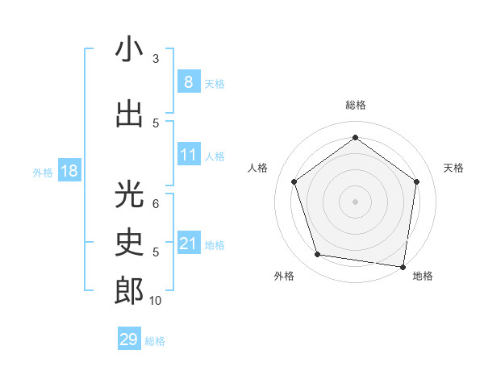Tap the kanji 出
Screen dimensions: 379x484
coord(129,114)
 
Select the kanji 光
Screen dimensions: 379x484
coord(129,196)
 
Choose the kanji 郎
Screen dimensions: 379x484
coord(129,290)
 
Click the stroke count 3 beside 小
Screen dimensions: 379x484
coord(156,58)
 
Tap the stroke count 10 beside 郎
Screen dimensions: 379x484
coord(156,301)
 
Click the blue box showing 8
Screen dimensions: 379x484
coord(188,81)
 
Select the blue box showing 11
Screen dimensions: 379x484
coord(188,155)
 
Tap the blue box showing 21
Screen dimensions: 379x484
coord(188,244)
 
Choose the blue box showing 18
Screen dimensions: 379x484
coord(69,171)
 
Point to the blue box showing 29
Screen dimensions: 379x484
coord(128,339)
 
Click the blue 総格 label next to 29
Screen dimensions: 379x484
coord(156,341)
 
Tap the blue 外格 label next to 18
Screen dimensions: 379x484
coord(42,173)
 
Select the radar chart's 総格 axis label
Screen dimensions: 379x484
coord(355,105)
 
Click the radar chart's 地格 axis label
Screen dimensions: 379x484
coord(423,277)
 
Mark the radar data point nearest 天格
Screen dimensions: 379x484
coord(416,181)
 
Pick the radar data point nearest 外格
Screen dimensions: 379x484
coord(318,255)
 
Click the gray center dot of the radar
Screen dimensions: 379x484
coord(355,201)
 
